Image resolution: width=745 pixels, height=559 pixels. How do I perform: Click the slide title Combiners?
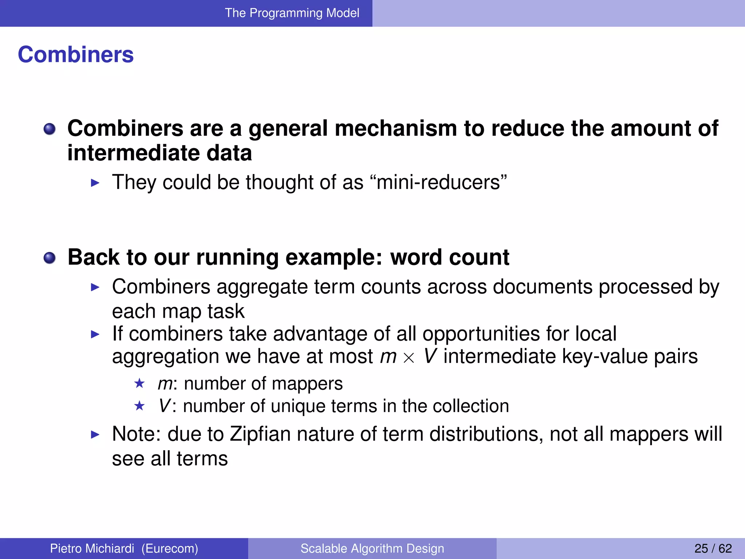click(x=76, y=55)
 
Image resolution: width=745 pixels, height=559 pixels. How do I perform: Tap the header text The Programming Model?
click(x=292, y=13)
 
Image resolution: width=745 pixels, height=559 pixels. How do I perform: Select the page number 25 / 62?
click(x=713, y=548)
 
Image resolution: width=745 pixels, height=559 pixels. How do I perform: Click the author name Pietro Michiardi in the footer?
click(x=92, y=548)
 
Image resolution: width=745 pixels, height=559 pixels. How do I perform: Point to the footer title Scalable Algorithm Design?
click(x=372, y=548)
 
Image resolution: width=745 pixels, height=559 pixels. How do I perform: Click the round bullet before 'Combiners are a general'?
click(x=49, y=129)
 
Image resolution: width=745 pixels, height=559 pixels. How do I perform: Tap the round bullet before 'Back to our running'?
click(x=49, y=258)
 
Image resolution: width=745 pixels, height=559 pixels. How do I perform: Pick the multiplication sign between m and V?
click(x=409, y=358)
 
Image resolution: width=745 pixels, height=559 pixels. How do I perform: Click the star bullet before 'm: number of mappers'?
click(x=139, y=383)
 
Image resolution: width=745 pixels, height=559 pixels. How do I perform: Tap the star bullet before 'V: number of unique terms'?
click(x=139, y=405)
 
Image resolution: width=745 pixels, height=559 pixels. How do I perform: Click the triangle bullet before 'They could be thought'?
click(x=95, y=183)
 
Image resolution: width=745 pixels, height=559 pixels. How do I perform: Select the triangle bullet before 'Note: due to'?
click(x=95, y=434)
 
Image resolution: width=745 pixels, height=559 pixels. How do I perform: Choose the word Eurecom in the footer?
click(x=170, y=548)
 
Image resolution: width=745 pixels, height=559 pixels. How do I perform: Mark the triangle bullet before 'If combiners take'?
click(x=95, y=334)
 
